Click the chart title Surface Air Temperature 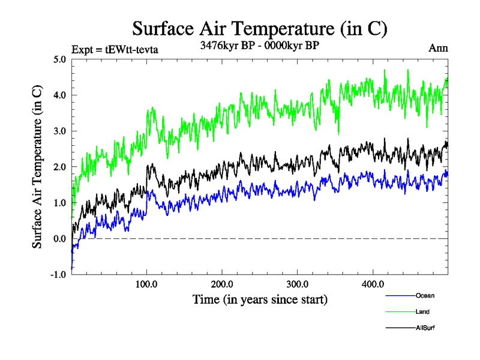coord(260,29)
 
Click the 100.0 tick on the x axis coord(147,284)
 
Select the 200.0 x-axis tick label coord(222,284)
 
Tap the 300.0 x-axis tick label coord(298,284)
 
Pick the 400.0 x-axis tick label coord(373,284)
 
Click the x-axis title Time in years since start coord(260,299)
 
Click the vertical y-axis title coord(37,167)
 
